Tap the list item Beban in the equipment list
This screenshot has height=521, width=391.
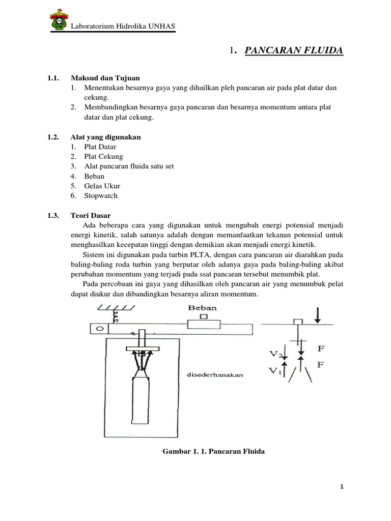(94, 176)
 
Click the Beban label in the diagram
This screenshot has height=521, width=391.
(203, 308)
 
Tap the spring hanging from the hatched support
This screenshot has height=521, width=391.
(115, 317)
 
